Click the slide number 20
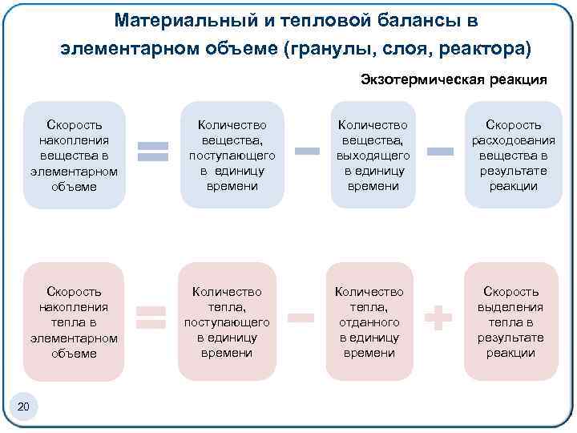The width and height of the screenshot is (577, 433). coord(23,409)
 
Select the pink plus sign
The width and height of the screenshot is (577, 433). coord(438,319)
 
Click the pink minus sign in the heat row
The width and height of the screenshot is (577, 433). coord(300,320)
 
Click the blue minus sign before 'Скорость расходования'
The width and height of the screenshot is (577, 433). coord(440,150)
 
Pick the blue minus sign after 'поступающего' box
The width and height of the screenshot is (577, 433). coord(309,150)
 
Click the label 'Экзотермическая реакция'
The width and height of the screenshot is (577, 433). coord(454,79)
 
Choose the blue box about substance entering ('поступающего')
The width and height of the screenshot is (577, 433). coord(232,156)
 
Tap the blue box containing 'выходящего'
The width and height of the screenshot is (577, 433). coord(373,156)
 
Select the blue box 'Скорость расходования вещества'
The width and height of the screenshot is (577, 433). coord(512,156)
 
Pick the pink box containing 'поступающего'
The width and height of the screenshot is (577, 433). coord(227,322)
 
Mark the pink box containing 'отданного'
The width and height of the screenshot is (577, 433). coord(369,322)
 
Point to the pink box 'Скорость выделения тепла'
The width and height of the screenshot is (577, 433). coord(510,322)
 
